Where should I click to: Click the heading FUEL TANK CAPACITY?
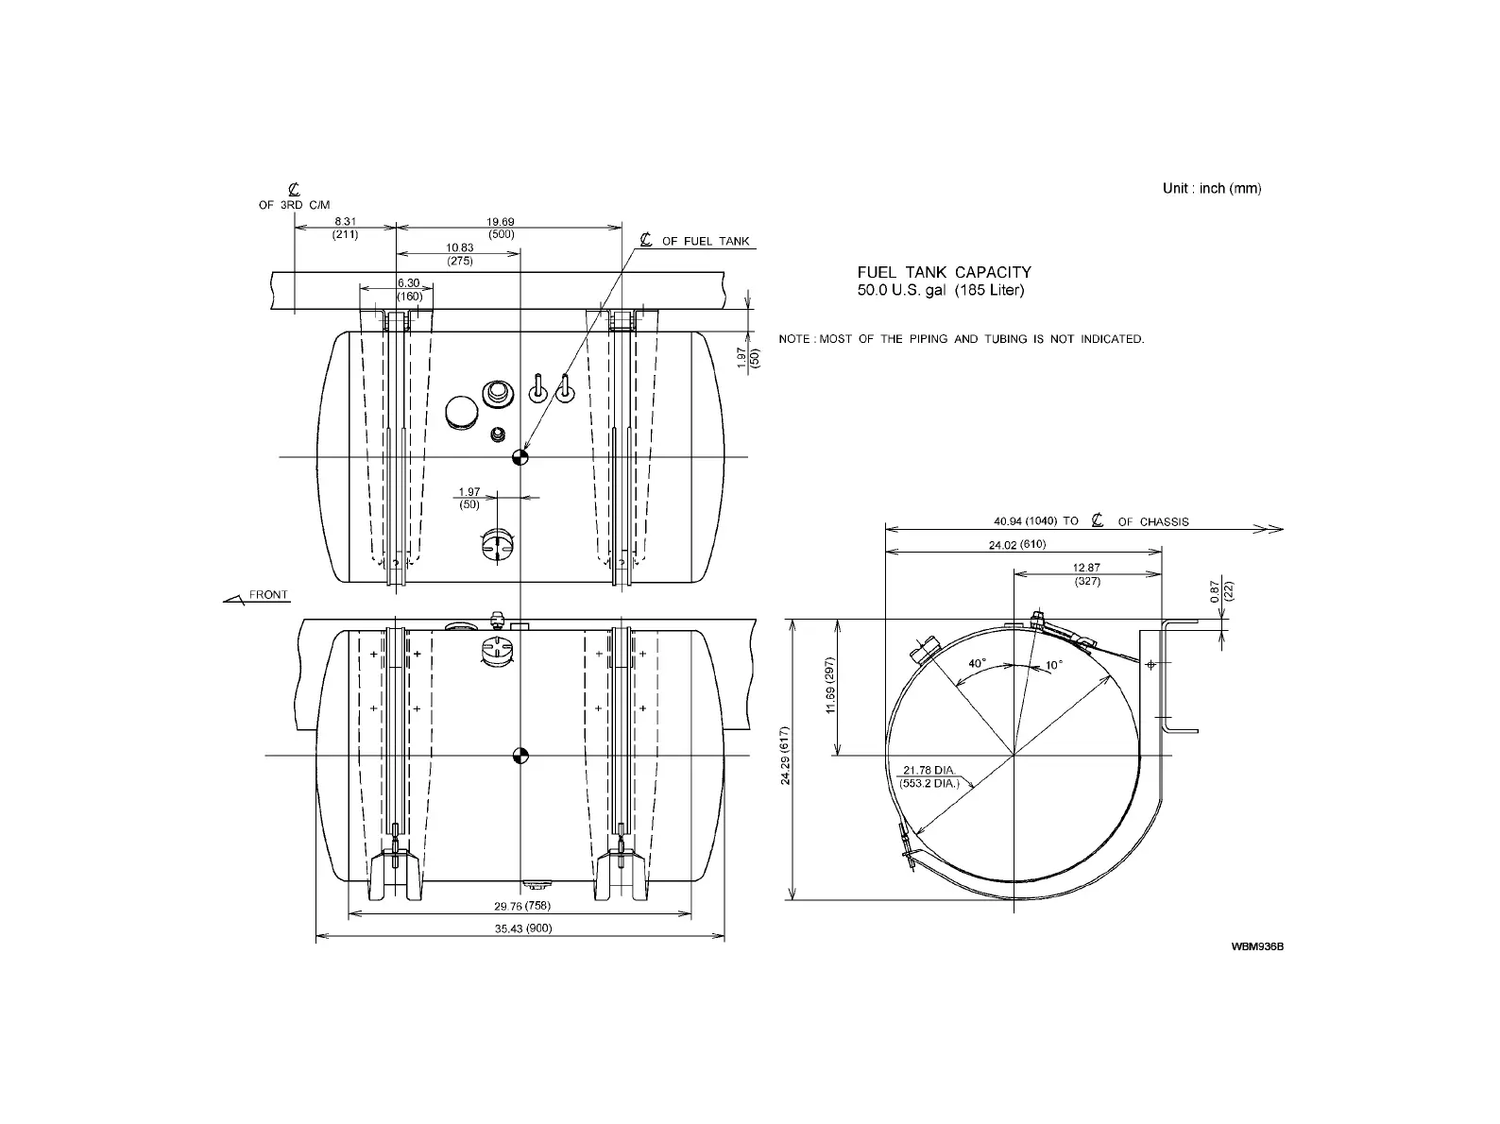[x=944, y=273]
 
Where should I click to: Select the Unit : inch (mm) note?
[x=1211, y=188]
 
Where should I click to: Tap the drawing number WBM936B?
[x=1256, y=945]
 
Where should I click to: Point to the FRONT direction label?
[x=268, y=595]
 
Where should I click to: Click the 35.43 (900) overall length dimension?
[x=522, y=928]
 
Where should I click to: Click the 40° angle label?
[x=977, y=664]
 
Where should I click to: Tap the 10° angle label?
[x=1053, y=665]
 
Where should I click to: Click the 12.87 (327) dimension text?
[x=1087, y=574]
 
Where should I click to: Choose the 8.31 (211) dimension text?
[x=345, y=228]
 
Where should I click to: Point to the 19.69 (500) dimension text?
[x=501, y=228]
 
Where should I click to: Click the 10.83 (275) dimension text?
[x=460, y=254]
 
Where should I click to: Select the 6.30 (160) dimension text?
[x=408, y=289]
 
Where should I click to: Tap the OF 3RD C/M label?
[x=295, y=204]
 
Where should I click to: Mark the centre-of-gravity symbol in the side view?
[x=520, y=755]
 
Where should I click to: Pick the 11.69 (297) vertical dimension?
[x=832, y=686]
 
